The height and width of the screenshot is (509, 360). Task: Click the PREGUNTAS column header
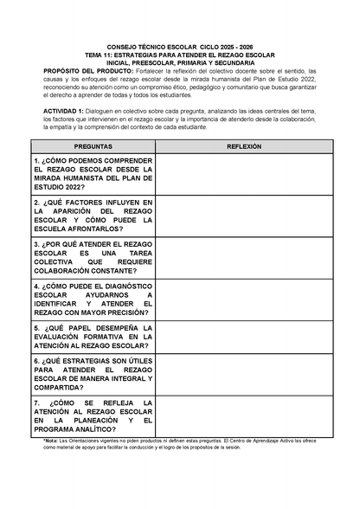(93, 147)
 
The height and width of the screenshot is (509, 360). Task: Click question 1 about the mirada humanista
(93, 174)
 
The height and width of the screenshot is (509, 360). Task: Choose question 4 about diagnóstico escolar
(93, 300)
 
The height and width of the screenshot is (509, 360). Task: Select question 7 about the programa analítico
(93, 416)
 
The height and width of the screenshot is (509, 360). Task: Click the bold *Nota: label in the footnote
(54, 441)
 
